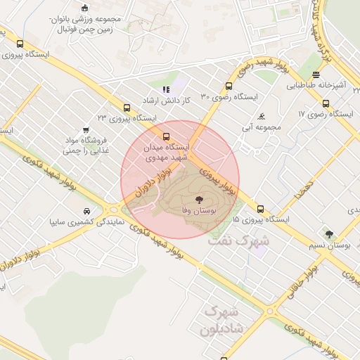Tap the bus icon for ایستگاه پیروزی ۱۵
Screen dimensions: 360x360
tap(261, 209)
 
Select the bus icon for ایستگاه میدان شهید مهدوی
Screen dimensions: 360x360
tap(167, 137)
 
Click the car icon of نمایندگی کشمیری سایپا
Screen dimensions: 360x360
tap(86, 211)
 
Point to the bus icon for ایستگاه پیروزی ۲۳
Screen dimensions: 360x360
tap(127, 108)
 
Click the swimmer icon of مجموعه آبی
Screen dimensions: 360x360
tap(262, 116)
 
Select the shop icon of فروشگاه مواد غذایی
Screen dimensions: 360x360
tap(86, 130)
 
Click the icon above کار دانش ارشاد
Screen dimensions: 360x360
tap(167, 89)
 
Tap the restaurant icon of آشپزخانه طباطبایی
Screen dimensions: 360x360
tap(316, 75)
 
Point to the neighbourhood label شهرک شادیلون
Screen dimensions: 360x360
tap(221, 320)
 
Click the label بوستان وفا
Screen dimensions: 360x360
tap(202, 210)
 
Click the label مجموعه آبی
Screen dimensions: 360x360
tap(259, 128)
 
